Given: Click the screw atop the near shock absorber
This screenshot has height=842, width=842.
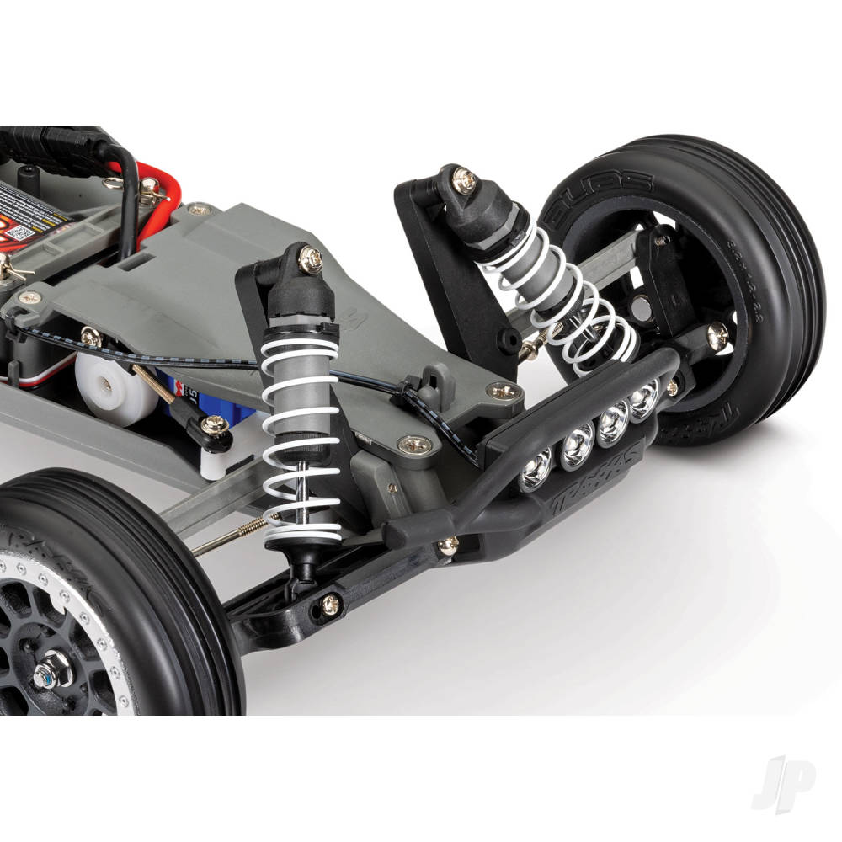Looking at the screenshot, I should click(310, 257).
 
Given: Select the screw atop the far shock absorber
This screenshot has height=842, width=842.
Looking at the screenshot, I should click(462, 179).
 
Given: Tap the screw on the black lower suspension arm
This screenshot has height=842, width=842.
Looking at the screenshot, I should click(331, 603).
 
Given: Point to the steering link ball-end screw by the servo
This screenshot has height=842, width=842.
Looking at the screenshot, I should click(215, 425).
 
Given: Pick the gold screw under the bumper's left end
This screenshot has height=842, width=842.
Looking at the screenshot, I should click(448, 545).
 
